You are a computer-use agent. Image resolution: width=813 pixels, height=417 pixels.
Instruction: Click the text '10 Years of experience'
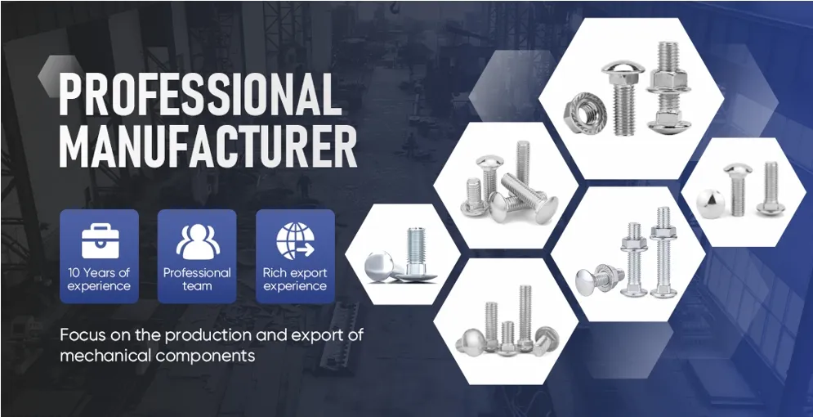tap(99, 280)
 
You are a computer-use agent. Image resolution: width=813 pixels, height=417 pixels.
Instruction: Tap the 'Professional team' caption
tap(197, 280)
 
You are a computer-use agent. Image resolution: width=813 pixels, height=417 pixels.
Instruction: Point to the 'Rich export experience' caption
tap(295, 280)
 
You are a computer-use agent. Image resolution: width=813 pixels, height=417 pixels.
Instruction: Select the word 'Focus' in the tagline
tap(81, 336)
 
